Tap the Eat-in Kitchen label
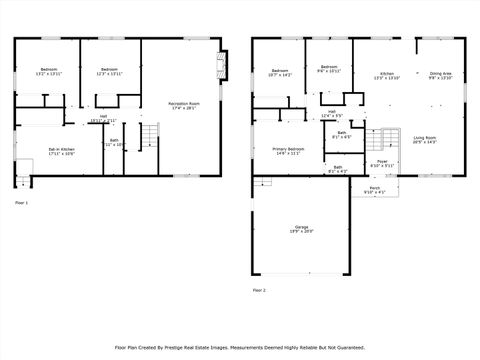click(x=62, y=152)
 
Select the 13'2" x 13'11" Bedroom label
click(x=48, y=72)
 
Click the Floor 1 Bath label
click(x=115, y=143)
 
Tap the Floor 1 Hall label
click(x=103, y=119)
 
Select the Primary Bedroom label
click(x=287, y=151)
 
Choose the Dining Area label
click(x=440, y=76)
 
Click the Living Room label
click(x=424, y=140)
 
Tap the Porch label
click(x=374, y=189)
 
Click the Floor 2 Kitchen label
click(x=386, y=76)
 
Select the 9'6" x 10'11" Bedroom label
click(x=329, y=70)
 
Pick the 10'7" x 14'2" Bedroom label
click(x=280, y=72)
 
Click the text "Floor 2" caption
click(x=260, y=290)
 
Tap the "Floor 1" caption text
click(x=21, y=203)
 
